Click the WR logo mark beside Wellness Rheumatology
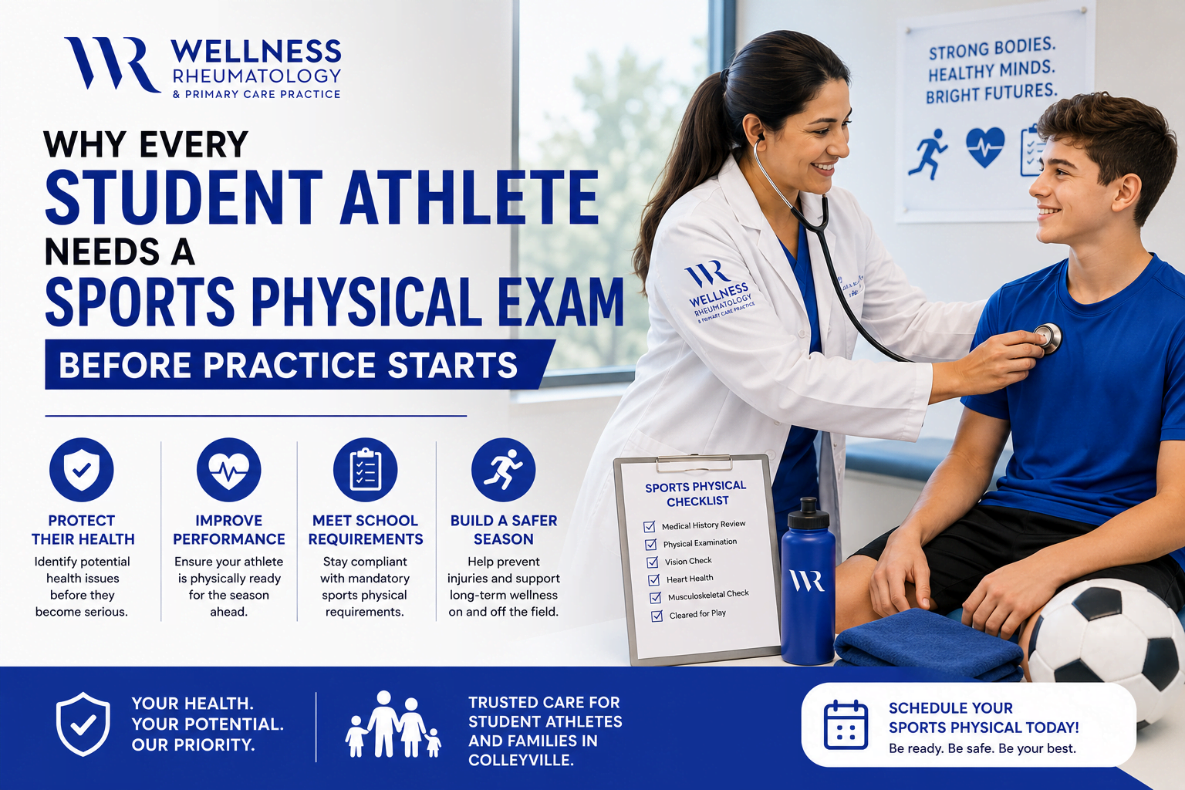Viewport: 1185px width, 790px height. click(112, 64)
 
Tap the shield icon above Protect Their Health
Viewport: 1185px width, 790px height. click(82, 469)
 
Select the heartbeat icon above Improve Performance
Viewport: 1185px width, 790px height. click(228, 469)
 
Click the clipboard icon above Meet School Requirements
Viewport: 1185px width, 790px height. click(365, 469)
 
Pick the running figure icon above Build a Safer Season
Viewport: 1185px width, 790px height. click(503, 469)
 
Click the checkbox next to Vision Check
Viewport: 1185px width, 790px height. click(652, 562)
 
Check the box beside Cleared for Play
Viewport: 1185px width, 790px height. click(657, 616)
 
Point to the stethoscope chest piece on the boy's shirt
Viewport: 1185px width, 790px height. click(1048, 338)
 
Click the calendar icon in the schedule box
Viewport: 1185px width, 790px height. click(846, 724)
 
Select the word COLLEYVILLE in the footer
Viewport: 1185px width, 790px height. click(521, 761)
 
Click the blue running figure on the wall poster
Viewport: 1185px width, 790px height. click(928, 154)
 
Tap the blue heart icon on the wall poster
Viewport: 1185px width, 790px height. click(985, 147)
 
